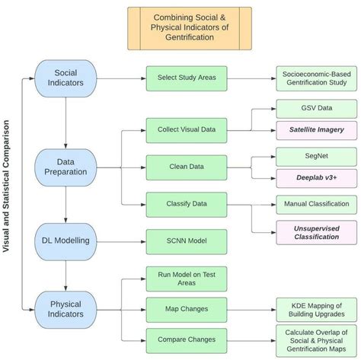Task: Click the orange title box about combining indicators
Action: pos(189,27)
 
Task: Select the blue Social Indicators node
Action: pos(66,78)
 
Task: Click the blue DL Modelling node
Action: pos(66,241)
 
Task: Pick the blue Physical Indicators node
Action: pos(66,309)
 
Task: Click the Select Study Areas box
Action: pos(187,78)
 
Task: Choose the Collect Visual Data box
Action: pos(187,129)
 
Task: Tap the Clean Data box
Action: pos(187,166)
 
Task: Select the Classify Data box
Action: pos(187,204)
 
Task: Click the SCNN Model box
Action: pos(187,241)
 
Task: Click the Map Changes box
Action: pos(187,309)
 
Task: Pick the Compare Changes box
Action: pos(187,340)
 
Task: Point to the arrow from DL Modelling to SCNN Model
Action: pos(122,241)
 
